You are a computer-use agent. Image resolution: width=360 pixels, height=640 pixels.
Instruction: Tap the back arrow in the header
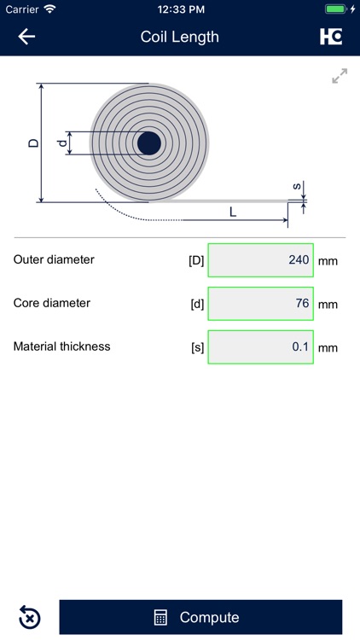tap(26, 37)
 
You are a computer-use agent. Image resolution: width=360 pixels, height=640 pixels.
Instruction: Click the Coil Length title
tap(180, 37)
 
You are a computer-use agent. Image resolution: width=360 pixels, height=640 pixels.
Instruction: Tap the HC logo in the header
tap(331, 37)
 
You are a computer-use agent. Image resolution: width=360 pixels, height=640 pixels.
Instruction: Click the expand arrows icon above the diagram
tap(340, 76)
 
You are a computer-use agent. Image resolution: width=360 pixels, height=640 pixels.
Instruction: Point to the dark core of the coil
tap(149, 143)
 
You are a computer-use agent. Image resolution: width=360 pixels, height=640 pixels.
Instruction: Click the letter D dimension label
tap(33, 143)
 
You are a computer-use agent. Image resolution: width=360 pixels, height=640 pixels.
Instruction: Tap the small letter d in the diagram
tap(61, 143)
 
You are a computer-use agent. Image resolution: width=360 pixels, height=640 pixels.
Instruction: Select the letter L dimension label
tap(233, 212)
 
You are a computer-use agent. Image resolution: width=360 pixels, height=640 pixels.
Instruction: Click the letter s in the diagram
tap(297, 187)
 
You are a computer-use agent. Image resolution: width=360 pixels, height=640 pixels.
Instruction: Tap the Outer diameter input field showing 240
tap(261, 260)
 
